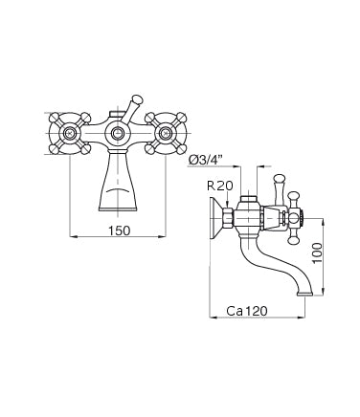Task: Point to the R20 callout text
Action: click(x=219, y=187)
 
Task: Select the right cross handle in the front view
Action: click(x=167, y=132)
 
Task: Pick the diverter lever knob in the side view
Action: click(x=281, y=179)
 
